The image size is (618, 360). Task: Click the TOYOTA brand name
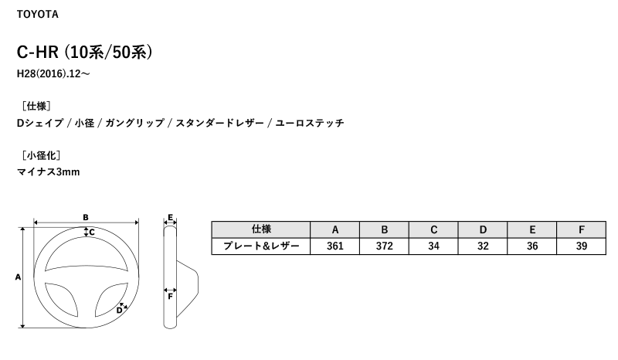(x=37, y=14)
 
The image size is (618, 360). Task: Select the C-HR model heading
(x=84, y=52)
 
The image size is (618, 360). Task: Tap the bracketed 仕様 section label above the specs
(x=36, y=106)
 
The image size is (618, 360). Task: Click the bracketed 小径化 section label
(x=41, y=155)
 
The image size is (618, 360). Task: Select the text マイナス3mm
(x=49, y=172)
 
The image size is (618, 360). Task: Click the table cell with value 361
(x=335, y=246)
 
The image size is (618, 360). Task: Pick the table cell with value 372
(x=384, y=246)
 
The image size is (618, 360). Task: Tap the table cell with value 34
(x=433, y=246)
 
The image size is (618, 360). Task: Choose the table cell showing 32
(x=483, y=246)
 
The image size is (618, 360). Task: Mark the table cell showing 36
(x=532, y=246)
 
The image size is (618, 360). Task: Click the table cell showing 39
(x=582, y=246)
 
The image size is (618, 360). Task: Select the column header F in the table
(x=582, y=229)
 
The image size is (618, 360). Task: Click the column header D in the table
(x=483, y=229)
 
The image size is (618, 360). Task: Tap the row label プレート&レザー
(x=261, y=246)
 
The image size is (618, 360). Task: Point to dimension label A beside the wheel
(x=18, y=277)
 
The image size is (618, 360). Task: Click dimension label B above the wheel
(x=86, y=217)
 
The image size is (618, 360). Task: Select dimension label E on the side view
(x=170, y=217)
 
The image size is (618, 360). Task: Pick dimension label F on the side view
(x=170, y=296)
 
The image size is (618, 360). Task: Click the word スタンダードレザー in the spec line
(x=219, y=123)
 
